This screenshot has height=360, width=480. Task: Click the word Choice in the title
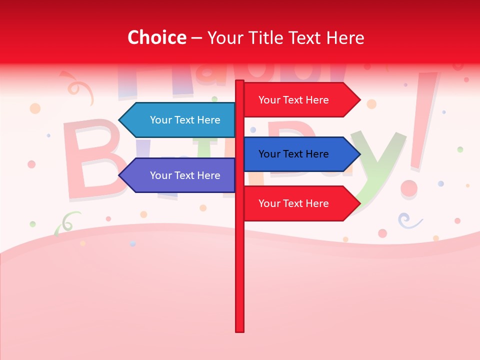click(156, 38)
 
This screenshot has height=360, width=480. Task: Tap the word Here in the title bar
click(345, 38)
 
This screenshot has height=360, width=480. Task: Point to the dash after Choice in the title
click(196, 38)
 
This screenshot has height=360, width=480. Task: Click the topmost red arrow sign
click(300, 100)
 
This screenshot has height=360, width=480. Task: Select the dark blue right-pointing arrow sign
click(300, 154)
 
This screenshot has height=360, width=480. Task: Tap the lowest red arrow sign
click(300, 203)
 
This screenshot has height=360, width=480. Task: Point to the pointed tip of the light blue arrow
click(120, 120)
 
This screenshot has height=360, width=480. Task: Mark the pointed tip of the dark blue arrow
click(358, 154)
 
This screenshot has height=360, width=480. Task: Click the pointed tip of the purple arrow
click(120, 175)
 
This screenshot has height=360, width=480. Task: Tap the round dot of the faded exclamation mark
click(409, 188)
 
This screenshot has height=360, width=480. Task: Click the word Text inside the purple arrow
click(185, 175)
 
